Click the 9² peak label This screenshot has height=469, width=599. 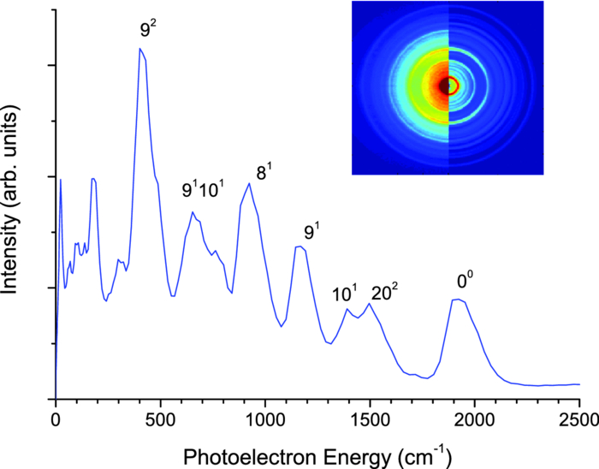click(x=148, y=31)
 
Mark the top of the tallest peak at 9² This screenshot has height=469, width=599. click(x=140, y=49)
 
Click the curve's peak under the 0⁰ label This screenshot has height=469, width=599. click(x=458, y=300)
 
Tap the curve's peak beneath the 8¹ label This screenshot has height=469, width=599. click(x=249, y=183)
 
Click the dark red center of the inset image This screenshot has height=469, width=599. click(x=446, y=86)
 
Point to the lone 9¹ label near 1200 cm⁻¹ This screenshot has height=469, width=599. click(x=311, y=232)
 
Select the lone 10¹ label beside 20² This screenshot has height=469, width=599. click(x=344, y=294)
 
